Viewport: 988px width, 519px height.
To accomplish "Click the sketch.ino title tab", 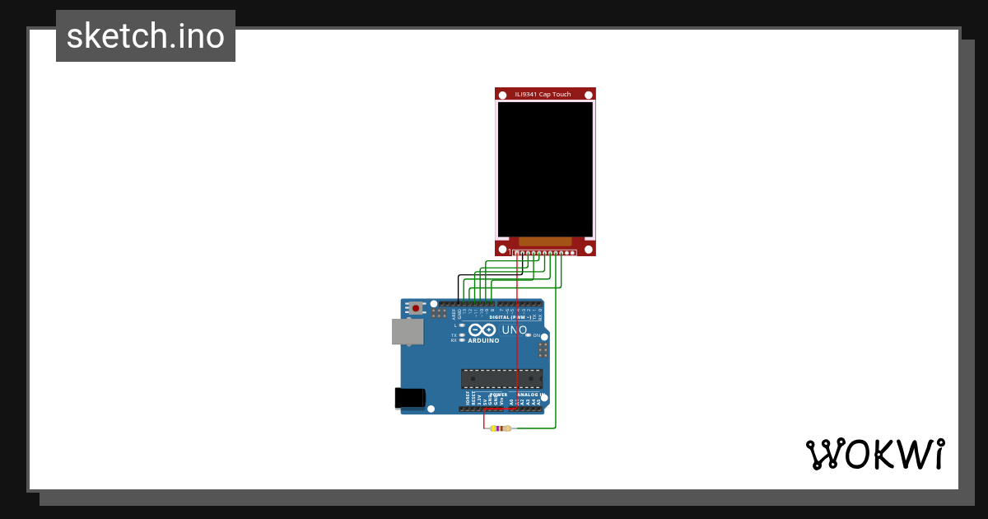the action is click(x=146, y=36).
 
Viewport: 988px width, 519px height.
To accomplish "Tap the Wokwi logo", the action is click(x=874, y=454).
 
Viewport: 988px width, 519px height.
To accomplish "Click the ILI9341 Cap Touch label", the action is click(x=543, y=94).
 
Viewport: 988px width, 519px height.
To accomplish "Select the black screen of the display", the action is click(x=545, y=169).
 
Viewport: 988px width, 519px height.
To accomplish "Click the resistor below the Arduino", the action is click(x=501, y=428).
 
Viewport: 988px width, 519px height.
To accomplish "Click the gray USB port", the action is click(x=408, y=331).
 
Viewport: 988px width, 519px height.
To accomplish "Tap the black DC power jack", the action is click(x=410, y=398).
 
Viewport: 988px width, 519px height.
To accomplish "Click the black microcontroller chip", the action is click(x=501, y=379).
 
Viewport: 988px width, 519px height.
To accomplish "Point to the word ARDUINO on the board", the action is click(x=483, y=340).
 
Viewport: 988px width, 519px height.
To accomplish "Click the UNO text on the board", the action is click(x=515, y=330).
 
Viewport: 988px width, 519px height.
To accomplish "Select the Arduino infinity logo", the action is click(x=482, y=330).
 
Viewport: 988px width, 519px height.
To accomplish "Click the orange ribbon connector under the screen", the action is click(x=545, y=241).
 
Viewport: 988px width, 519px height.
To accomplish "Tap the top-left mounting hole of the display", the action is click(x=502, y=95).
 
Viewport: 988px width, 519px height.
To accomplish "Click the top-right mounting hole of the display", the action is click(x=588, y=95).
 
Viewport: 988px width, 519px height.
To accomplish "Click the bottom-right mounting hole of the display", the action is click(x=588, y=248).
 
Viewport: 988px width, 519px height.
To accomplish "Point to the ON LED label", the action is click(x=536, y=335).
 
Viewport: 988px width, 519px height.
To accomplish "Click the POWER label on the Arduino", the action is click(x=500, y=395).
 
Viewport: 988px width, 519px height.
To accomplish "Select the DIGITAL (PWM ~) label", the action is click(x=510, y=316).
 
